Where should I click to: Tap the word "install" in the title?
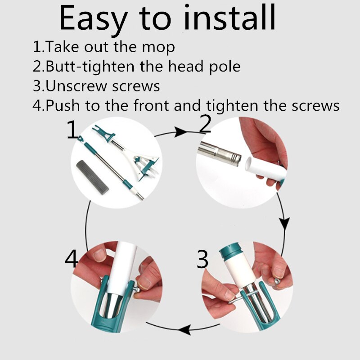(x=229, y=18)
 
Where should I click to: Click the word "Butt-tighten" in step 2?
(x=90, y=67)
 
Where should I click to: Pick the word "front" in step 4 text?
(x=151, y=105)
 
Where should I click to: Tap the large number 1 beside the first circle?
(x=72, y=130)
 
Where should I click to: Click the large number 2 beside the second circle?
(x=205, y=124)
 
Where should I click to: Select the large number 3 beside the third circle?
(x=202, y=260)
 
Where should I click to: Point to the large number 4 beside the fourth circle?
(x=72, y=258)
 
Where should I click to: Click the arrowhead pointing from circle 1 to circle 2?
(x=181, y=132)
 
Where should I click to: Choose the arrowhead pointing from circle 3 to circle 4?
(x=184, y=330)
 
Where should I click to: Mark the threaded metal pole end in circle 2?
(x=220, y=153)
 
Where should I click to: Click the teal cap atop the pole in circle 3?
(x=231, y=250)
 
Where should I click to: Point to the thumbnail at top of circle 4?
(x=100, y=255)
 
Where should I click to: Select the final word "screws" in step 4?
(x=315, y=106)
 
